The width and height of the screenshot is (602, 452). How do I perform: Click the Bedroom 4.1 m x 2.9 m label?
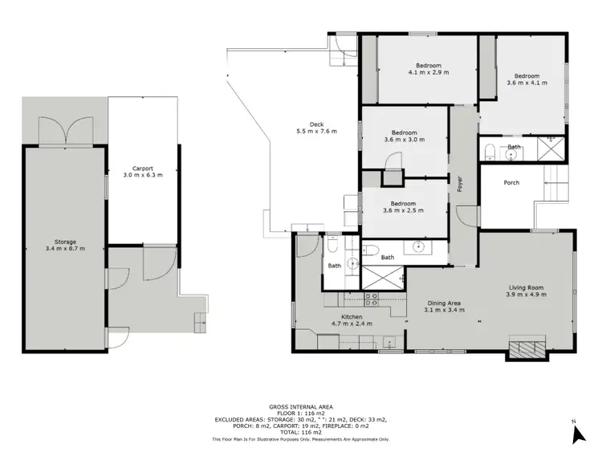point(428,69)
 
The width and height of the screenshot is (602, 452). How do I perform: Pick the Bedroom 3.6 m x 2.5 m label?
point(404,207)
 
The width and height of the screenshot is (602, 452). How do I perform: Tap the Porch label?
point(511,183)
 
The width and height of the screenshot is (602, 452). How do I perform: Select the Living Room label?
point(527,291)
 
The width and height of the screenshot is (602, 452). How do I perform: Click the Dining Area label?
point(442,306)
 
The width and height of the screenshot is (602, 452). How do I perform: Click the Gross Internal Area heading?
point(300,406)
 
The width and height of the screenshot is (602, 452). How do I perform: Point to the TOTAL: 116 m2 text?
point(300,433)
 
